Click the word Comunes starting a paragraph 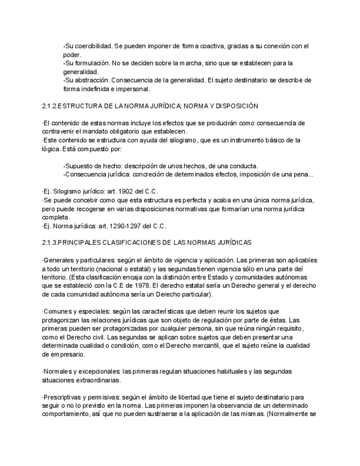pos(57,311)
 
